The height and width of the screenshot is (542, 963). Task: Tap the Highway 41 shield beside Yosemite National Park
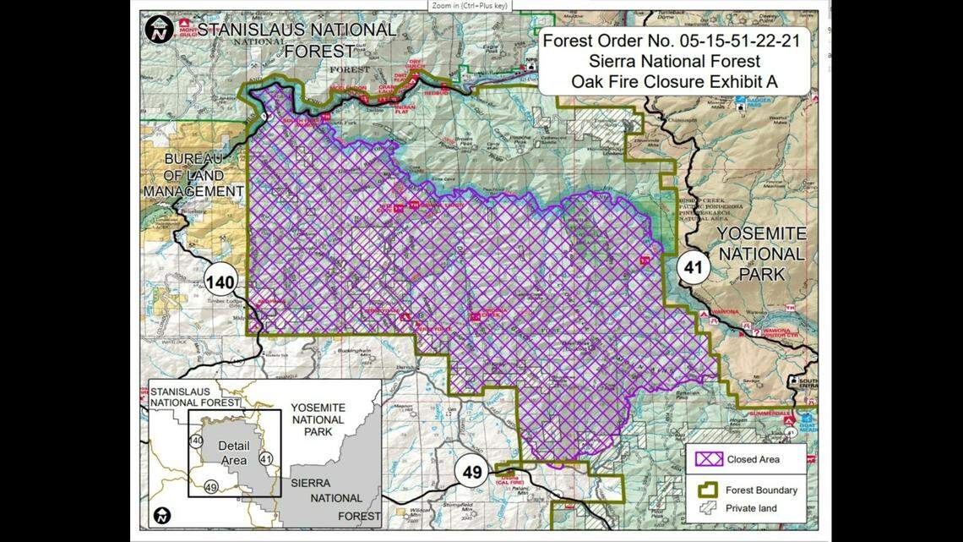[694, 269]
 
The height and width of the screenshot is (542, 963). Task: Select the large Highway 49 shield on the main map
[471, 471]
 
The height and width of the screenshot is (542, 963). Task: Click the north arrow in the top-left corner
[159, 29]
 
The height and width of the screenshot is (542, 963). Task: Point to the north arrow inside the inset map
[162, 514]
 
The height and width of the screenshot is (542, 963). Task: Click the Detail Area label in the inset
[234, 452]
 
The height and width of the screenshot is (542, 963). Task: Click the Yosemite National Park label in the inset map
[318, 420]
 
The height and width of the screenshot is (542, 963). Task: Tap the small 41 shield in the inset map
[266, 458]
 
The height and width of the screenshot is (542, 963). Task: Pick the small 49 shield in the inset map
[211, 486]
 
